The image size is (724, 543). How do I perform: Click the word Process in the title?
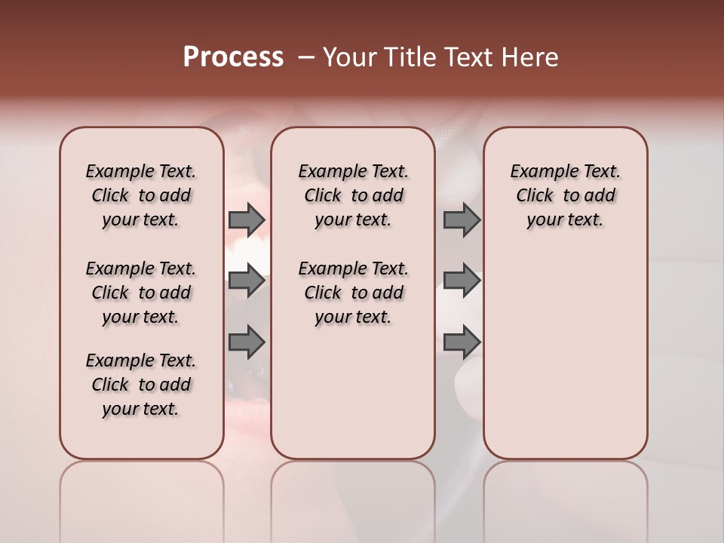(233, 57)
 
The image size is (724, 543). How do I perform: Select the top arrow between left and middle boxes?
(247, 220)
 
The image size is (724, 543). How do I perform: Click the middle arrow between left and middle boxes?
(247, 281)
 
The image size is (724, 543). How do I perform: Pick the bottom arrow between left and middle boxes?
(247, 342)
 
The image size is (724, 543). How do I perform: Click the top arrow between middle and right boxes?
(462, 220)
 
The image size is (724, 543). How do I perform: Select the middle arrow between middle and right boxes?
(462, 281)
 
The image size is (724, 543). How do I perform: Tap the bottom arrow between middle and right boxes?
(462, 342)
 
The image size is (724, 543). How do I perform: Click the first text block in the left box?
(141, 195)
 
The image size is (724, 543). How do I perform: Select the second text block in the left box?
(141, 293)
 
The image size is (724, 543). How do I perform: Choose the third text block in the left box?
(141, 385)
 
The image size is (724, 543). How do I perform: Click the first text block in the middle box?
(353, 195)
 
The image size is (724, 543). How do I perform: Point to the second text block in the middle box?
(353, 293)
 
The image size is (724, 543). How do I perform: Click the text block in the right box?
(565, 195)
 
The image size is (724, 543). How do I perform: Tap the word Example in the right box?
(543, 172)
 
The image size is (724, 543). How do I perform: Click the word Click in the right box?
(535, 195)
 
